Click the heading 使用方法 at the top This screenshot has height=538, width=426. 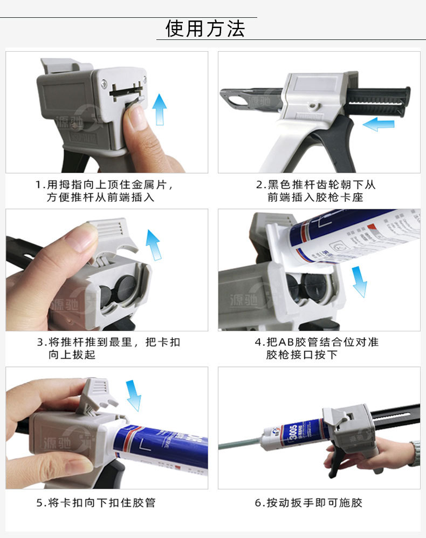[205, 28]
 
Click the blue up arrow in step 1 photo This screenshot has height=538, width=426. [159, 109]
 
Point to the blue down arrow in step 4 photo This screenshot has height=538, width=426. [359, 281]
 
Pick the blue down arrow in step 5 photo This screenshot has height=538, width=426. [133, 395]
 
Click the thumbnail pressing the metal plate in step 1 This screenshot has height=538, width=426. [137, 115]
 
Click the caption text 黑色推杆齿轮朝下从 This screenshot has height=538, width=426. [321, 185]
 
